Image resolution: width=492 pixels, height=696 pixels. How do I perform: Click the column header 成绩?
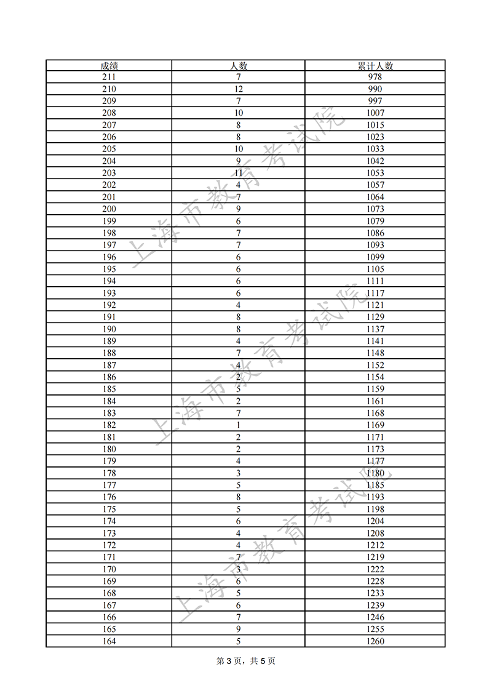pos(109,65)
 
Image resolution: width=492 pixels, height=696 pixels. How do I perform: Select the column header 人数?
pos(238,65)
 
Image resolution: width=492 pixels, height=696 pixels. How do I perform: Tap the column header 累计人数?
pos(375,65)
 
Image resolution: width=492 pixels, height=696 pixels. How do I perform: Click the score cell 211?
pos(109,77)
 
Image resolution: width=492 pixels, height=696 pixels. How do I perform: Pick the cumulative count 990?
pos(375,89)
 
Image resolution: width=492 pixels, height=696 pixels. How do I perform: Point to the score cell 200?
pos(109,209)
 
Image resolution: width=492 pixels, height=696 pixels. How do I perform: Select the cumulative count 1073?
pos(375,209)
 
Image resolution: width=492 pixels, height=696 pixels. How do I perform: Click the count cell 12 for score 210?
pos(238,89)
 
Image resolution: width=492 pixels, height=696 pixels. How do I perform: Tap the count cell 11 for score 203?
pos(238,173)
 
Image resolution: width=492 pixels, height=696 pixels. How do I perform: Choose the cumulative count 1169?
pos(375,425)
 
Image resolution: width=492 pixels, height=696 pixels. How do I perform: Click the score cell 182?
pos(109,425)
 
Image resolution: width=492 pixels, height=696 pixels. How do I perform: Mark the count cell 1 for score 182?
pos(238,425)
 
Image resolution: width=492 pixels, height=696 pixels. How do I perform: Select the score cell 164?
pos(109,641)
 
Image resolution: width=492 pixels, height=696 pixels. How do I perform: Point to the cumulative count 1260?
pos(375,641)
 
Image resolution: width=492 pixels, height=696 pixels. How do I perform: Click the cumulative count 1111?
pos(375,281)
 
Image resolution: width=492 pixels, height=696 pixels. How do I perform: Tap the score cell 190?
pos(109,329)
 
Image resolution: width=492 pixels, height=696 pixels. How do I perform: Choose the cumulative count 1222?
pos(375,569)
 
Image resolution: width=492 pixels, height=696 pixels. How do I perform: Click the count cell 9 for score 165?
pos(238,630)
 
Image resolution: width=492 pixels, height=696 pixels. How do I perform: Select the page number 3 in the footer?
pos(228,662)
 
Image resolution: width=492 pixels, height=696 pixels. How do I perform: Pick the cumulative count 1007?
pos(375,113)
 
